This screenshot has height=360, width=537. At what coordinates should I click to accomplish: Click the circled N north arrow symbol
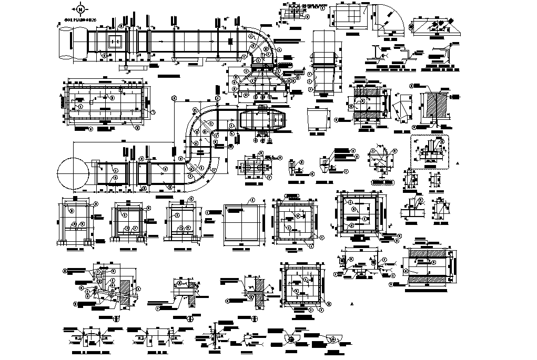tap(80, 9)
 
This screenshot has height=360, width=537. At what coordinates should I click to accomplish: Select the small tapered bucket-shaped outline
tap(317, 118)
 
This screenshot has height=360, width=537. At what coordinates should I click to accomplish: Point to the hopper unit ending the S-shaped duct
tap(262, 120)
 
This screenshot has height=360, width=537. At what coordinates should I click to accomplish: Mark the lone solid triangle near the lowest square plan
tap(351, 304)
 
